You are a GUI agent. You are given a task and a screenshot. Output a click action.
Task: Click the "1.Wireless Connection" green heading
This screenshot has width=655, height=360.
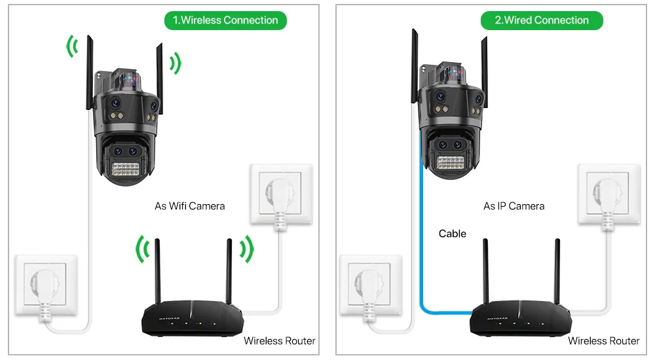click(x=225, y=20)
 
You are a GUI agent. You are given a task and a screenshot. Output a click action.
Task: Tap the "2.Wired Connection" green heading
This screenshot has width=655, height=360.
click(x=542, y=20)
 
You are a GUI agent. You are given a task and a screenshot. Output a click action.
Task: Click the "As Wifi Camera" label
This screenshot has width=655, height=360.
click(x=189, y=206)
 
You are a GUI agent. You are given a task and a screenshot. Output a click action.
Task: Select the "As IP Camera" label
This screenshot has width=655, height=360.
click(x=514, y=206)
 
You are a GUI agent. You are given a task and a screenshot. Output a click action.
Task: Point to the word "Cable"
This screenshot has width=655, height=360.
click(x=452, y=234)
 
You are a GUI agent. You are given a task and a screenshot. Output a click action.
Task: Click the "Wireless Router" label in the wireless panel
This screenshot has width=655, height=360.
click(x=279, y=340)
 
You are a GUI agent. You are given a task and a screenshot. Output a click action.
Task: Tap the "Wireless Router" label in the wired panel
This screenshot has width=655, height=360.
click(x=603, y=340)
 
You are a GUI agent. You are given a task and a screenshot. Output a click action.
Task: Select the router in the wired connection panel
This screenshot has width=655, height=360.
click(x=521, y=319)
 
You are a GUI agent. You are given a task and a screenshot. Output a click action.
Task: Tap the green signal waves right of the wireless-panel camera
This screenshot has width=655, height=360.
click(x=175, y=63)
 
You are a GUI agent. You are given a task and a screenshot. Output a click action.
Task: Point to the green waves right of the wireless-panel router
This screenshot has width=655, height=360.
click(x=246, y=249)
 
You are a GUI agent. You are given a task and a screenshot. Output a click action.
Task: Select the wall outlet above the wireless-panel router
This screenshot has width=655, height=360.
click(x=280, y=195)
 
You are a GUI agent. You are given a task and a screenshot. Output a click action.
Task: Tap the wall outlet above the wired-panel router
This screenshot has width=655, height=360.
click(x=607, y=195)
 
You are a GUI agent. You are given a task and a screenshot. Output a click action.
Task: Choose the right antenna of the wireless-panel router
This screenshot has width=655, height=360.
click(x=229, y=272)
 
